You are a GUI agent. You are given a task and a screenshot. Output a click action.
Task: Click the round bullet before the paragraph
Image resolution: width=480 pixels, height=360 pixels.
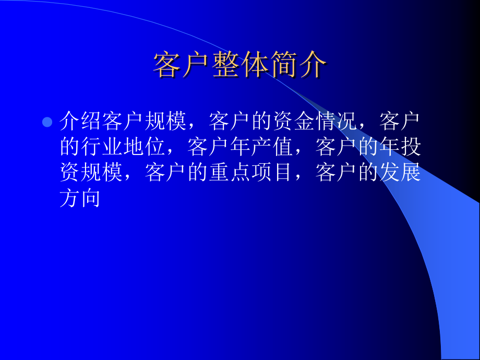pos(47,122)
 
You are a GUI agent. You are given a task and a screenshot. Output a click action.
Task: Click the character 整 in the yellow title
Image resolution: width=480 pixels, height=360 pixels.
pos(225,65)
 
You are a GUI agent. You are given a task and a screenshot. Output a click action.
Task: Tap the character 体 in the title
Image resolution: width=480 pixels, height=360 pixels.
pos(255,65)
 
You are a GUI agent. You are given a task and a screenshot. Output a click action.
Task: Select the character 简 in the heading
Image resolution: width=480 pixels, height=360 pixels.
pos(284,65)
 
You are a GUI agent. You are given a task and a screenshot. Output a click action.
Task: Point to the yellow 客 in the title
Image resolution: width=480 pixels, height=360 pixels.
pos(166,65)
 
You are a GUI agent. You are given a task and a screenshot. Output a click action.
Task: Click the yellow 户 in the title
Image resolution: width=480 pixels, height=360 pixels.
pos(196,65)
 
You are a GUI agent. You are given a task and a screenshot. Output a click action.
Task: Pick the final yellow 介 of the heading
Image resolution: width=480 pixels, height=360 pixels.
pos(314,65)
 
